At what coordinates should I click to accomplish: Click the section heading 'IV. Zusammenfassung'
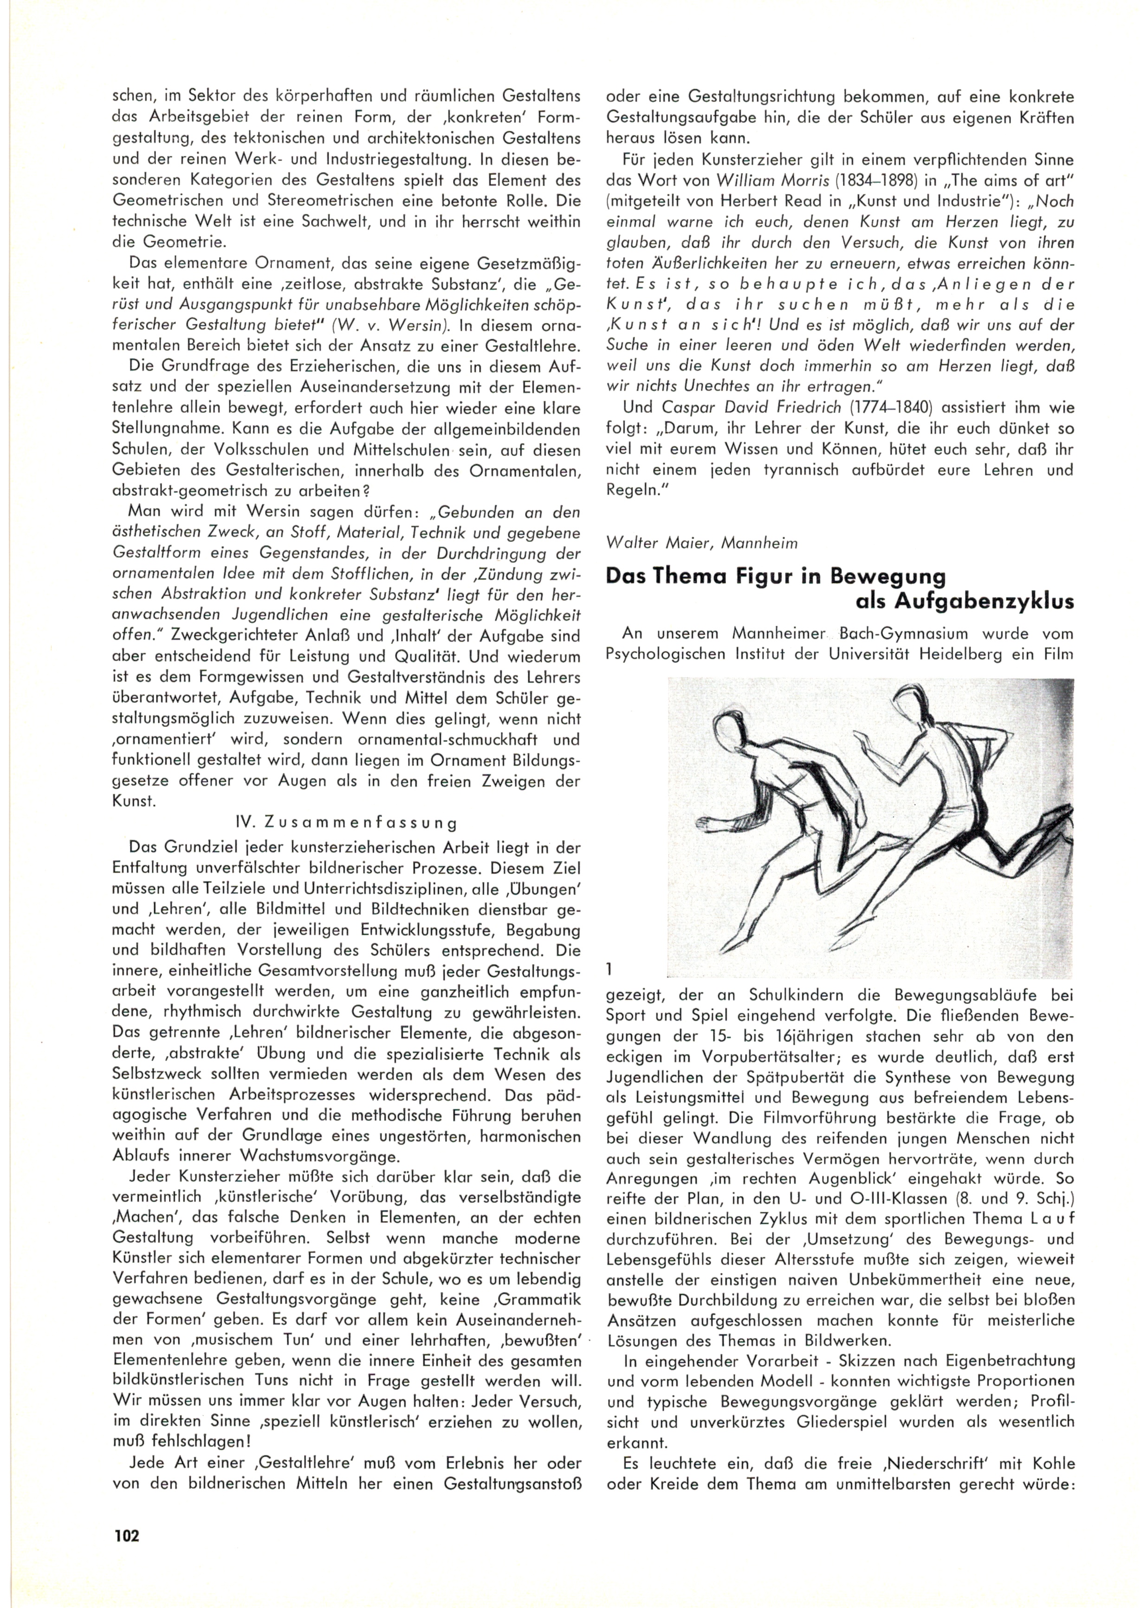click(x=346, y=823)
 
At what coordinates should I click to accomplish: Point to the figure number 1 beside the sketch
click(x=609, y=970)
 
